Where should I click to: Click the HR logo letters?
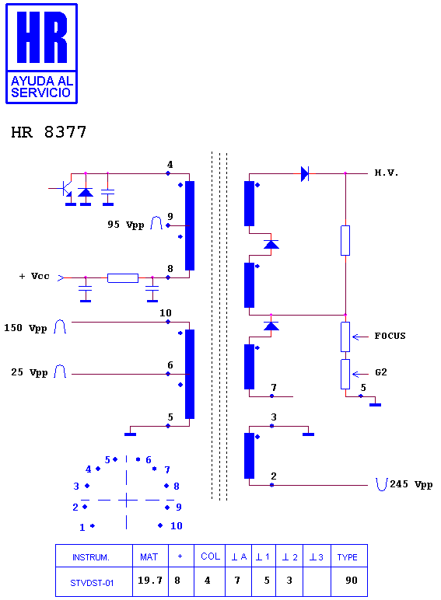[42, 37]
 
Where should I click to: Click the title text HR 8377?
[49, 132]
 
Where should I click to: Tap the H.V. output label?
[386, 173]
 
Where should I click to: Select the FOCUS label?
[390, 336]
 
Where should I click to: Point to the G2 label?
[381, 372]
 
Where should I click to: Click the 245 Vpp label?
[411, 484]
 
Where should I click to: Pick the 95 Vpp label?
[125, 225]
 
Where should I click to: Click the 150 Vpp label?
[25, 328]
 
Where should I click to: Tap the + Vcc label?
[34, 276]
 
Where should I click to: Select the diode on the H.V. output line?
[305, 174]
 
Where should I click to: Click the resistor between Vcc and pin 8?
[123, 277]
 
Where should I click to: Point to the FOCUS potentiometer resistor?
[345, 337]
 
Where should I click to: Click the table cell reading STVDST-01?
[92, 583]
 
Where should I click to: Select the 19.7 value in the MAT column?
[150, 581]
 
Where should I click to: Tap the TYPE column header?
[347, 557]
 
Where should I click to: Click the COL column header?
[210, 556]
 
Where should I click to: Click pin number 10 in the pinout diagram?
[176, 525]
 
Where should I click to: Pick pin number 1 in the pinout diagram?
[82, 528]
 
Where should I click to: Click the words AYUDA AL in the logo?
[42, 81]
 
